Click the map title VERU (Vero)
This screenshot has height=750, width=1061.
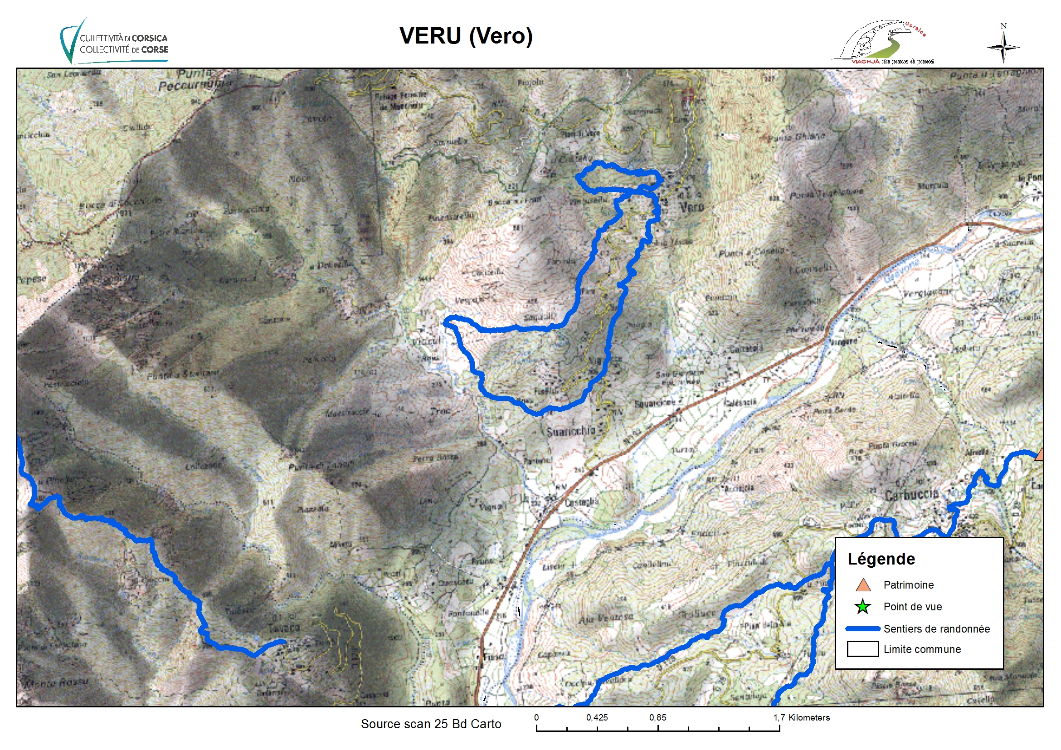point(466,36)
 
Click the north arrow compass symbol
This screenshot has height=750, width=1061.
point(1003,47)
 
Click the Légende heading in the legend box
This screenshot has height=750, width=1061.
point(881,559)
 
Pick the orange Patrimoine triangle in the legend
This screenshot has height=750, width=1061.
point(863,585)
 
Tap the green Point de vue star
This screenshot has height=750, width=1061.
point(862,607)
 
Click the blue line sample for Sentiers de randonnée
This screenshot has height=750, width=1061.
point(862,628)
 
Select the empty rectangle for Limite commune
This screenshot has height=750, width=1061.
point(862,649)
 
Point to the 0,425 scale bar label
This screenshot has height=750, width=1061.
point(597,718)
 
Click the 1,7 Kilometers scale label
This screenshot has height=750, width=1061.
point(801,718)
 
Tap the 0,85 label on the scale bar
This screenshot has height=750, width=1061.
point(657,718)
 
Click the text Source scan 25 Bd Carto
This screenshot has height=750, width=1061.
point(431,724)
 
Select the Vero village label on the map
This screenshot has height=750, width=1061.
point(691,207)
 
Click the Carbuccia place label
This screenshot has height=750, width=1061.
point(911,494)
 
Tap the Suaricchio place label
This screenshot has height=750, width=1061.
point(571,431)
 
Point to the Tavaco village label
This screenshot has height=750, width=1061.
point(284,628)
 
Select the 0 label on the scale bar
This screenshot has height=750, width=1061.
point(536,718)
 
